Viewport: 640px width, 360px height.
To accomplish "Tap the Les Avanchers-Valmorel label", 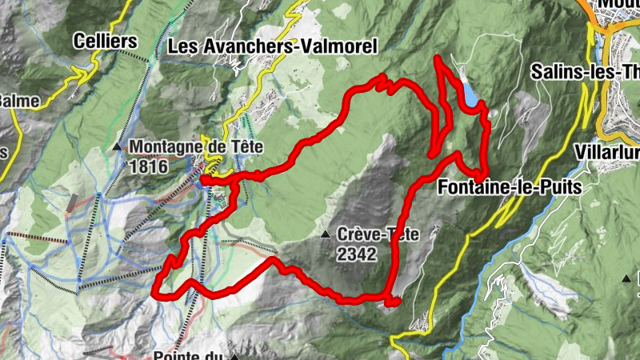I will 272,46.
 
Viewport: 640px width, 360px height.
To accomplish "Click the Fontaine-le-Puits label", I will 509,186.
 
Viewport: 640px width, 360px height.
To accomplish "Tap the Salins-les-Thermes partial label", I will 585,71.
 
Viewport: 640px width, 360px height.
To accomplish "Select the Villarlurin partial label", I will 606,152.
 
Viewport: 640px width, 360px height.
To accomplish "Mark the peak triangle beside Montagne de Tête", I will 118,147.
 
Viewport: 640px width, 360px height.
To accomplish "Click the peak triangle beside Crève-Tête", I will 326,234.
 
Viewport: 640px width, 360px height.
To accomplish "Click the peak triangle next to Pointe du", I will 234,356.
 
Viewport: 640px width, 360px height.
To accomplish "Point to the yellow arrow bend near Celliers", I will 82,74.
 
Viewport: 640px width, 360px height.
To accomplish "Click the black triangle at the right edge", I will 626,278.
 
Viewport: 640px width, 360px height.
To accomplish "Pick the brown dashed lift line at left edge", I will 36,238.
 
